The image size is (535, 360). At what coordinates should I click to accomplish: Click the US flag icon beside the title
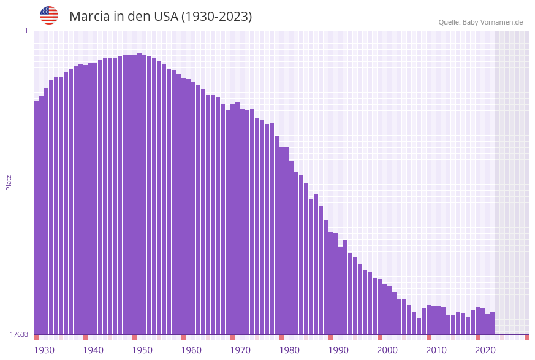pos(49,15)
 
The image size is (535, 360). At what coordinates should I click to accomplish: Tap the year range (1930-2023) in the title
pos(216,17)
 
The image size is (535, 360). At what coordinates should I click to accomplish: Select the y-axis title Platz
pos(9,182)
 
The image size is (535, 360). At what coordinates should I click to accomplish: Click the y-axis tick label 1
pos(26,31)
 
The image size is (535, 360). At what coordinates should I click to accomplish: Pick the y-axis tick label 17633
pos(18,334)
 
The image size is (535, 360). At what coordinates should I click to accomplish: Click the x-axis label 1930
pos(44,350)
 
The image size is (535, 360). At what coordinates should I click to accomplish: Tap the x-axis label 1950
pos(142,350)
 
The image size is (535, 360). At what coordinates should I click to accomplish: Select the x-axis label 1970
pos(240,350)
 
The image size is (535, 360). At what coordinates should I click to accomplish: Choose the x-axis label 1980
pos(289,350)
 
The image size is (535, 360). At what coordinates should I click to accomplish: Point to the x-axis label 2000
pos(387,350)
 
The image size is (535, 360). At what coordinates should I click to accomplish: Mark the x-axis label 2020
pos(485,350)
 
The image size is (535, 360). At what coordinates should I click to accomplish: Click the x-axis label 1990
pos(338,350)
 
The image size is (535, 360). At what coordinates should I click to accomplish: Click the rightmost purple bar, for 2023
pos(492,323)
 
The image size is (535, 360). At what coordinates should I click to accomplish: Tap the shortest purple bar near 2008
pos(419,326)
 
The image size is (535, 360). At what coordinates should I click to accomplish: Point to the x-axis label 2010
pos(436,350)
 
